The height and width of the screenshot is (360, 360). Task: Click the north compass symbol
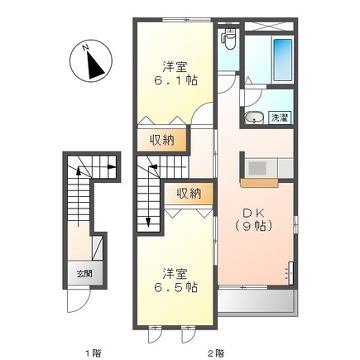tap(91, 61)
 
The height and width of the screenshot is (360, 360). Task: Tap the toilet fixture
tap(229, 39)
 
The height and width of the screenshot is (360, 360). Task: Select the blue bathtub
tap(283, 60)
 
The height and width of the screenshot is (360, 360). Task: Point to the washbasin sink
tap(254, 117)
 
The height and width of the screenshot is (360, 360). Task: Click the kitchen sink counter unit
tap(269, 168)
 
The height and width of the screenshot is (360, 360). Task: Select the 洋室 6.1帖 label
tap(175, 74)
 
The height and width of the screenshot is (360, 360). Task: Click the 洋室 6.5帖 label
tap(175, 280)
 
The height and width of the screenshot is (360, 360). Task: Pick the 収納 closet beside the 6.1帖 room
tap(162, 140)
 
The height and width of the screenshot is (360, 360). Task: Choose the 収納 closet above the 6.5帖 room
tap(189, 193)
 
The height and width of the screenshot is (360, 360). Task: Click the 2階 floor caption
tap(215, 352)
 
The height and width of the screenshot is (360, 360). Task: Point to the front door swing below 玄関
tap(79, 299)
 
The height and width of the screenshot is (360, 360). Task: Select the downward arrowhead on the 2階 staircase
tap(148, 222)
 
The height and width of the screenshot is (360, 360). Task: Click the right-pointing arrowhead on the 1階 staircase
tap(112, 167)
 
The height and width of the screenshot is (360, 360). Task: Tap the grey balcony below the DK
tap(256, 301)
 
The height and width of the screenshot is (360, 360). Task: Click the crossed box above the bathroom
tap(269, 26)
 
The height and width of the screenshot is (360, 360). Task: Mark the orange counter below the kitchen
tap(259, 183)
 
